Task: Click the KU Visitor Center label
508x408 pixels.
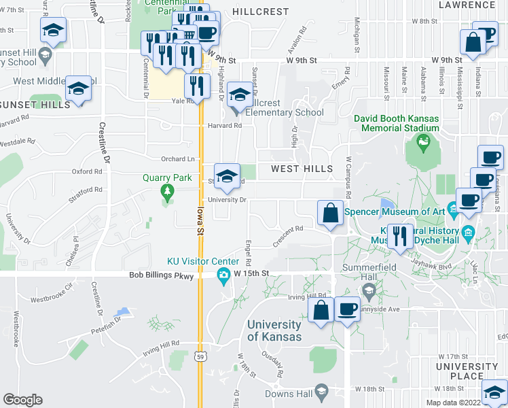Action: click(x=203, y=262)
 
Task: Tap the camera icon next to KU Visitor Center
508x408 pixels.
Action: click(x=223, y=275)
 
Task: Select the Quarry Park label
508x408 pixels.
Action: click(x=167, y=178)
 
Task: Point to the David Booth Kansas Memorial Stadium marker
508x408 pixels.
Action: click(x=424, y=142)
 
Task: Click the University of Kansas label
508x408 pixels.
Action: click(x=274, y=330)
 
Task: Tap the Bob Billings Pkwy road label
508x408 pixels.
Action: click(x=161, y=276)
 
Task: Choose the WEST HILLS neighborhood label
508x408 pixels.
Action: click(x=302, y=169)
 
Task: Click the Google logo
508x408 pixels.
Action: click(x=22, y=400)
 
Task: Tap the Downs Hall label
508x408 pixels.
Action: click(x=288, y=394)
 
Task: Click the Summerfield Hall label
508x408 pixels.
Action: click(x=369, y=273)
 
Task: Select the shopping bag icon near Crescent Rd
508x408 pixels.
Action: click(x=330, y=213)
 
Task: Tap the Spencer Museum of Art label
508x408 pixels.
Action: click(x=395, y=211)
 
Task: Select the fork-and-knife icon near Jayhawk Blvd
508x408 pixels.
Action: click(x=399, y=236)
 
